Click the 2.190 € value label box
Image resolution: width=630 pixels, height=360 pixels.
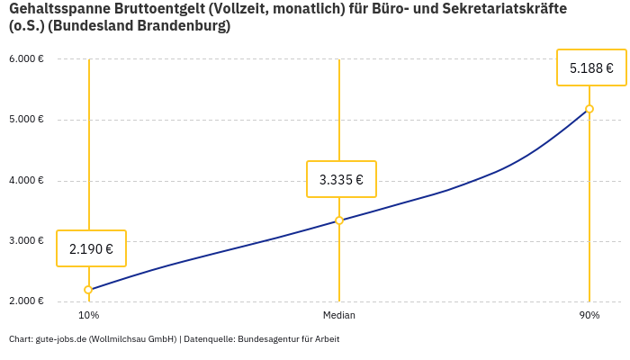tap(91, 248)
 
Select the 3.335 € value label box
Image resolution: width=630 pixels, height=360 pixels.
tap(341, 179)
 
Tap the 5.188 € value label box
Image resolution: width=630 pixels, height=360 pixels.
tap(591, 67)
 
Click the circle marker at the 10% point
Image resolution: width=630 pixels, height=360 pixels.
tap(88, 290)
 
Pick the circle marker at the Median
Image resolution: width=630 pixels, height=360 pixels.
tap(339, 220)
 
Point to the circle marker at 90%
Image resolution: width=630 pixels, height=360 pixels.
tap(589, 109)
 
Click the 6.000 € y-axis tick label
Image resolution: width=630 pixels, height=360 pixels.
tap(26, 59)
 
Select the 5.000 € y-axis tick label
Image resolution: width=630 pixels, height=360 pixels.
tap(26, 120)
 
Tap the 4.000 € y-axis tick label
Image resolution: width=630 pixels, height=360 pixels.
tap(26, 180)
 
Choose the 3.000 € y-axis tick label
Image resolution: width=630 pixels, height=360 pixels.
tap(26, 241)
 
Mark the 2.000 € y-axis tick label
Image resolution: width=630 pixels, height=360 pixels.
tap(26, 301)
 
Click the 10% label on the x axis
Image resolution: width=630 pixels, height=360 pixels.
tap(88, 316)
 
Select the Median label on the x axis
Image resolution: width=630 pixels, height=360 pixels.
tap(339, 316)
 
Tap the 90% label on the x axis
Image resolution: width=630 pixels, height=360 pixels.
tap(589, 316)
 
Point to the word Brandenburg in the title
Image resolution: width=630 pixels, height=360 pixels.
tap(182, 26)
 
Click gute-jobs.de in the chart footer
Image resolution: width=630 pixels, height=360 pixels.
tap(60, 339)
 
